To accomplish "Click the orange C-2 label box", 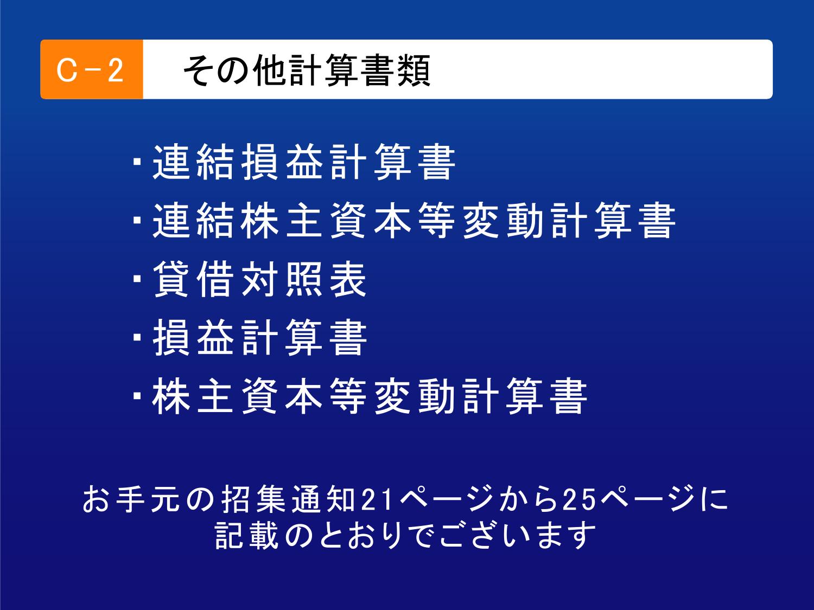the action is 92,69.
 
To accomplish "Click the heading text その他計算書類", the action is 307,70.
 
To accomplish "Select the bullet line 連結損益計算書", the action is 294,162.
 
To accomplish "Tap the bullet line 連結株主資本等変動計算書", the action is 404,220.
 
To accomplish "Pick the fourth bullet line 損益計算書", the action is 250,337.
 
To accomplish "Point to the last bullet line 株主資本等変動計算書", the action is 360,396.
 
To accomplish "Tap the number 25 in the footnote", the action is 578,499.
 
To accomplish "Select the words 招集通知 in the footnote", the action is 288,499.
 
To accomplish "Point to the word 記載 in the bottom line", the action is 247,536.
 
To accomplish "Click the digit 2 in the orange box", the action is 116,70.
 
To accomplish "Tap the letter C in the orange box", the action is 66,70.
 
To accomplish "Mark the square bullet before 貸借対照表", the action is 137,279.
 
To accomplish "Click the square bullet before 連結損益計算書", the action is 137,162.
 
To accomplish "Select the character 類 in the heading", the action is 414,70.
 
